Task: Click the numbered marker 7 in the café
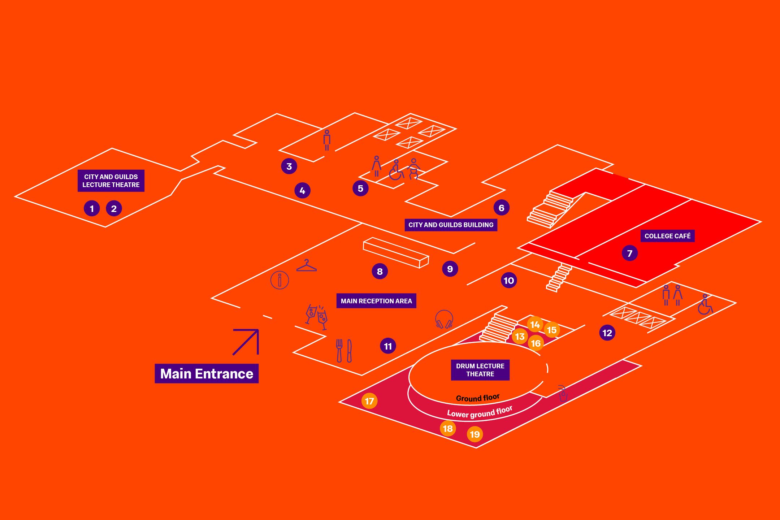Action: (629, 253)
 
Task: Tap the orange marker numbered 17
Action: (369, 401)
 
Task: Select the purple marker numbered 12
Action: (607, 333)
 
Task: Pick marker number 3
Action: (289, 166)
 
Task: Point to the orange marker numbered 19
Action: (474, 434)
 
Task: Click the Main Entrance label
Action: (207, 373)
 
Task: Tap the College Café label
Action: (667, 236)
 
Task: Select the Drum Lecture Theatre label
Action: (480, 370)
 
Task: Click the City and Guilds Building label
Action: (451, 225)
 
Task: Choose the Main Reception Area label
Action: (376, 301)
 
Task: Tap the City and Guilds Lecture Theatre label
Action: (111, 181)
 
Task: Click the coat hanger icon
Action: (306, 266)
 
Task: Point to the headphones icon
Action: (444, 319)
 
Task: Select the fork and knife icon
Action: (344, 351)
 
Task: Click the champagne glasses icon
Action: (317, 317)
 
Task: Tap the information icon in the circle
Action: (279, 280)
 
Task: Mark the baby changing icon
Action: (414, 169)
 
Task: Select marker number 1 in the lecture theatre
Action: (92, 208)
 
